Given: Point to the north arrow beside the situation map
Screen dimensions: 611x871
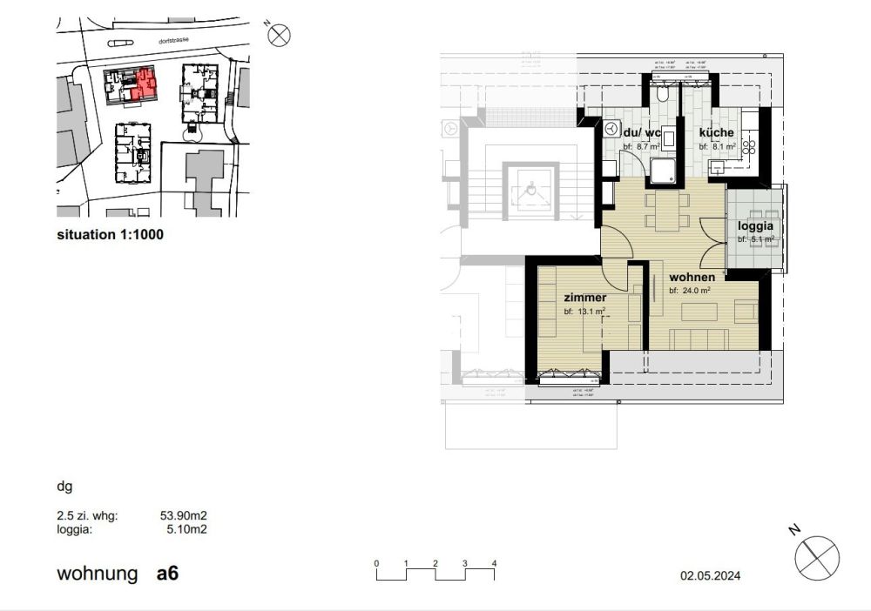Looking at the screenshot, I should coord(279,36).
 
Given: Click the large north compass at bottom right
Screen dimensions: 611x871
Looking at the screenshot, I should coord(817,556).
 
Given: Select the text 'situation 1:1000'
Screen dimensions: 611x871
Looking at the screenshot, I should coord(110,234).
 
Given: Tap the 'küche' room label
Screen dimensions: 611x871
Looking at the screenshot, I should coord(716,133).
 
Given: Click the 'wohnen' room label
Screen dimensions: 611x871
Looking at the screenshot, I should coord(692,277).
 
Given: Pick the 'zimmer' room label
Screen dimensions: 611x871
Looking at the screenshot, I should coord(584,298).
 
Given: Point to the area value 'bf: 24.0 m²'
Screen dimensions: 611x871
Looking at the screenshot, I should coord(690,291).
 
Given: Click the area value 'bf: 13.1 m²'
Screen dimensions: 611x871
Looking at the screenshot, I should coord(584,311).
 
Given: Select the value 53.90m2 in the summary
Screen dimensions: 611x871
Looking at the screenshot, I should coord(185,515).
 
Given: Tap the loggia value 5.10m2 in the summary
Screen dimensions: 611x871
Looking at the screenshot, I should coord(188,527).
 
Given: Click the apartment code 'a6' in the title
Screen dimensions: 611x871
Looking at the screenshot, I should coord(168,574).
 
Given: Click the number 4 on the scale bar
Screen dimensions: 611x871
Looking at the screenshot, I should coord(494,563).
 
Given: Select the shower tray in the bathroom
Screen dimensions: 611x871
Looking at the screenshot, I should coord(664,171).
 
